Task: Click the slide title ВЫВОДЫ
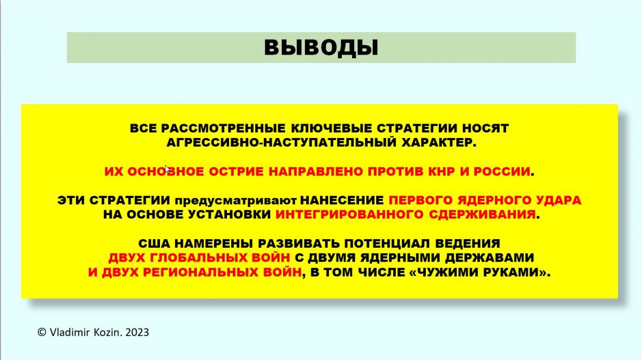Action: [321, 48]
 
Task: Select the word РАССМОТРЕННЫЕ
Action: [223, 128]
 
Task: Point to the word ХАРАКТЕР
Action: [439, 143]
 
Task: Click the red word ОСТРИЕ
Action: [236, 172]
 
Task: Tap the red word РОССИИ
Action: [502, 172]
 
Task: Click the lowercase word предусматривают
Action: [235, 201]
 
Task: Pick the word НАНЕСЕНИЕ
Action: [342, 201]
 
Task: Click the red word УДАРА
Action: [558, 201]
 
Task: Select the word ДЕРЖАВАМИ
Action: [490, 258]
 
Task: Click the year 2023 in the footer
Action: [137, 333]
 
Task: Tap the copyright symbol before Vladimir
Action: [42, 332]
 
